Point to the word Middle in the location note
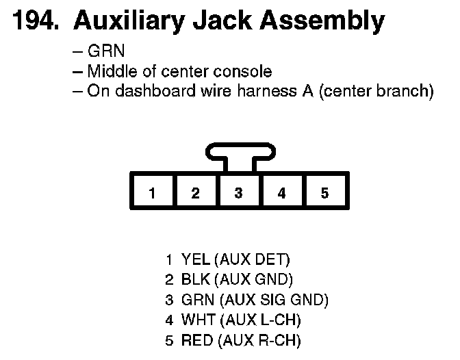click(x=112, y=71)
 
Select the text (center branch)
click(x=376, y=91)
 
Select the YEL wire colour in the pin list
click(x=196, y=259)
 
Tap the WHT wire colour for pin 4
click(x=196, y=320)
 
